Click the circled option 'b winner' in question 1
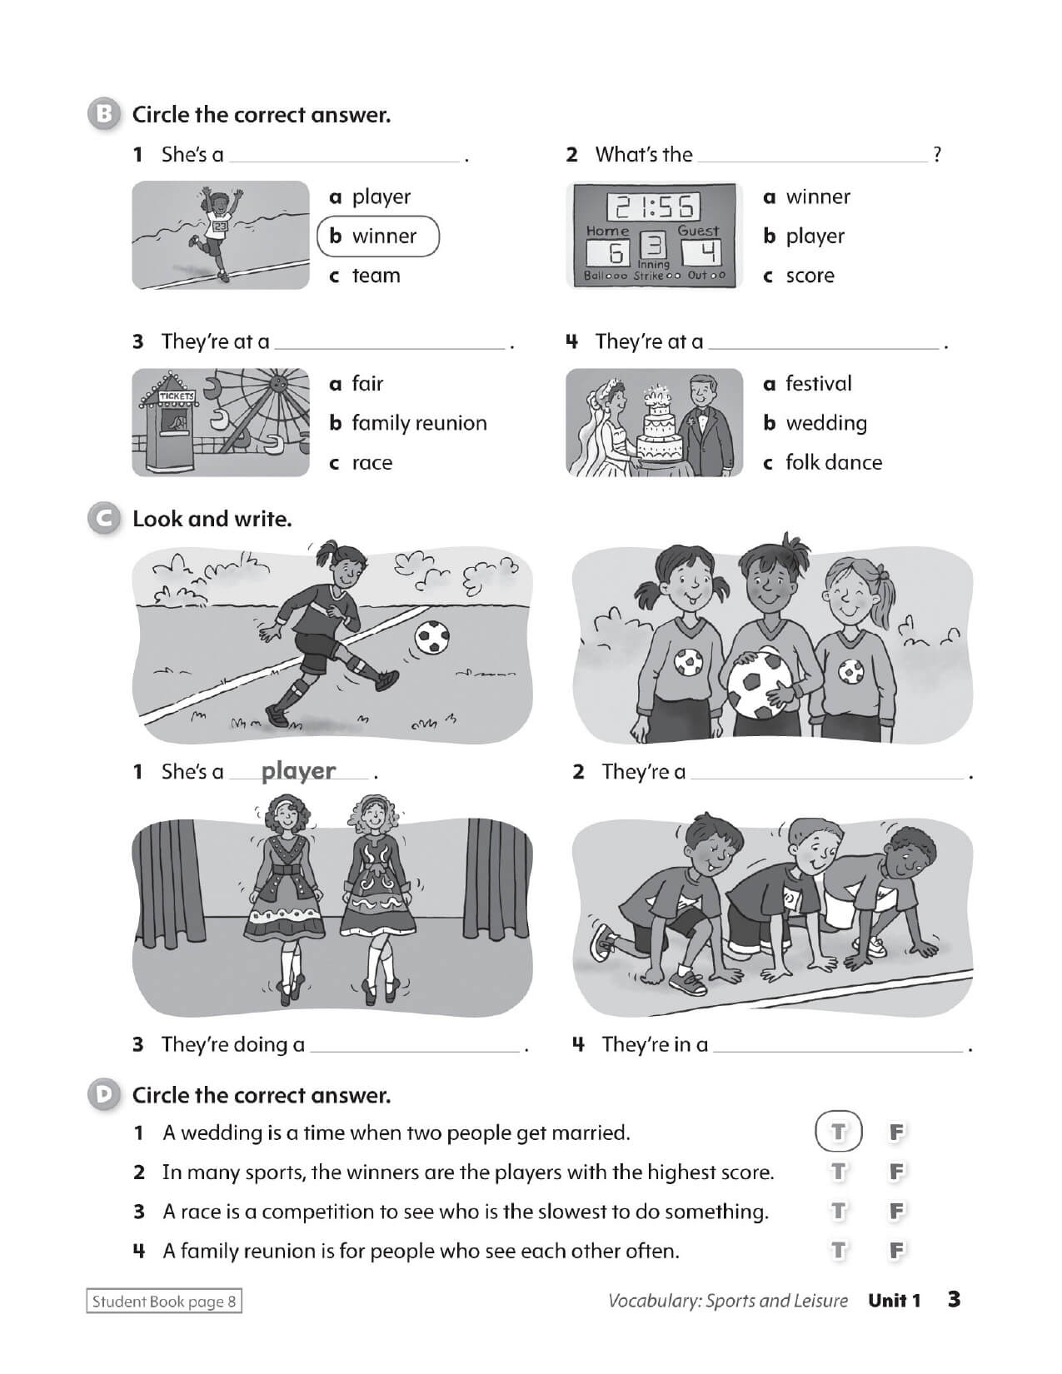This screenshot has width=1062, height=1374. point(377,236)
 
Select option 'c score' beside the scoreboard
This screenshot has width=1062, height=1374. point(799,276)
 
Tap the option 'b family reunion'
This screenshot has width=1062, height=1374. point(408,423)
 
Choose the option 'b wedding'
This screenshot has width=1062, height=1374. point(815,423)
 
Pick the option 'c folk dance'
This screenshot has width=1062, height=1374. point(822,462)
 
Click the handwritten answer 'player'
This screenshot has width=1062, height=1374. point(298,771)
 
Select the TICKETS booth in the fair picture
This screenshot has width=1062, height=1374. point(175,429)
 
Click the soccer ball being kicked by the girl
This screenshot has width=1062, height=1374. point(432,638)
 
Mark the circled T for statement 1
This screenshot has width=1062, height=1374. point(838,1133)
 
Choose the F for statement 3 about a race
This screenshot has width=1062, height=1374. point(896,1211)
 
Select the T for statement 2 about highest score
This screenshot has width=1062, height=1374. point(838,1172)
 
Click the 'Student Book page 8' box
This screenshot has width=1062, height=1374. point(164,1302)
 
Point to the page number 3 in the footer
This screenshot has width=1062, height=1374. point(955,1299)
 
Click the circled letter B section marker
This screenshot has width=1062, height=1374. point(104,114)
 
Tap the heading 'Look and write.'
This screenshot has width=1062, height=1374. point(212,519)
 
